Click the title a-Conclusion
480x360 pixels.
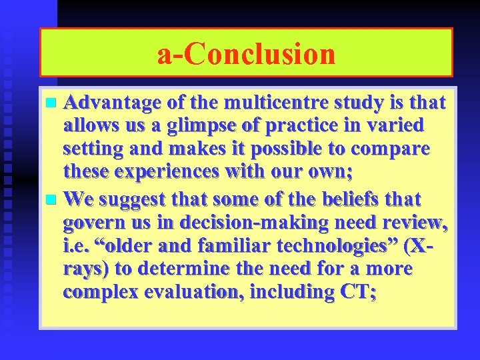246,54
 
